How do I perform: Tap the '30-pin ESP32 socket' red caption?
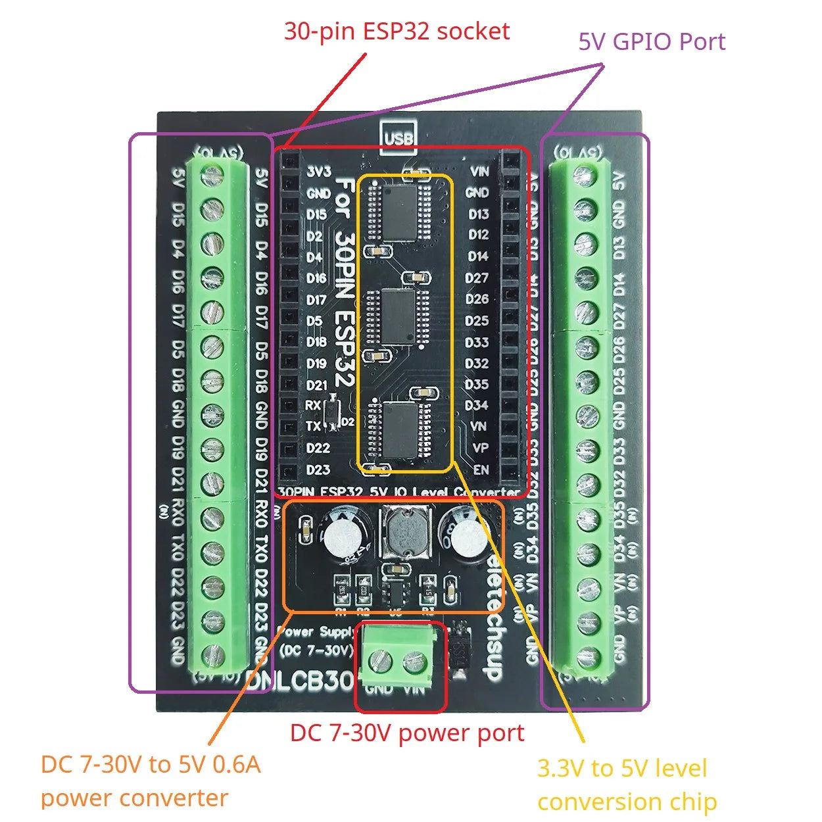click(397, 31)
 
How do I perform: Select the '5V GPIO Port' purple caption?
click(651, 41)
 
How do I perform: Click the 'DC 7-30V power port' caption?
click(407, 733)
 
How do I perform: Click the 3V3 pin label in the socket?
click(319, 172)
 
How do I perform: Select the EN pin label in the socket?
click(481, 470)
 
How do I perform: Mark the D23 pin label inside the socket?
click(318, 470)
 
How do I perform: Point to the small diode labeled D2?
click(333, 413)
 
